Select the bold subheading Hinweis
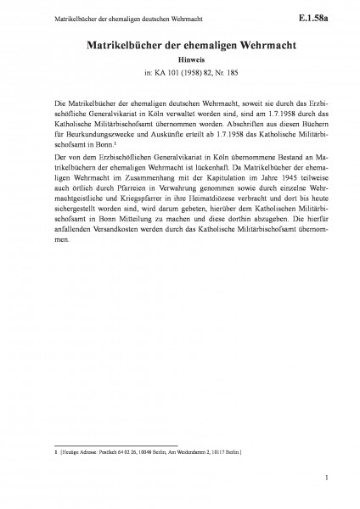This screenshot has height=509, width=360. tap(180, 61)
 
